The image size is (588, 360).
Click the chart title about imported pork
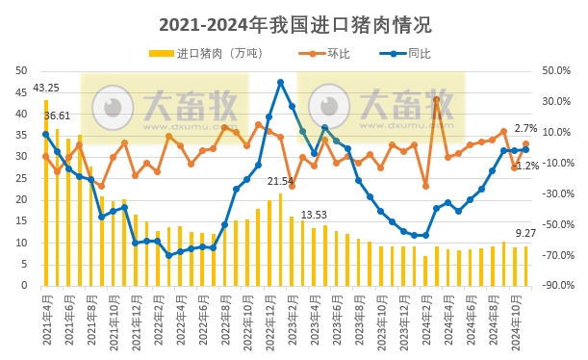294,24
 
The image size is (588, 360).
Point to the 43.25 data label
46,89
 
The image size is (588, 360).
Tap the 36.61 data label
57,116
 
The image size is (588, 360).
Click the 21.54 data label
280,181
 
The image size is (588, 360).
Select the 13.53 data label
315,215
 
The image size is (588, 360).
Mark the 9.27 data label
526,232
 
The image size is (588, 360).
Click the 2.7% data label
526,128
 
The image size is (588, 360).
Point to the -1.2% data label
527,166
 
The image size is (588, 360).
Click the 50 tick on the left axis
21,70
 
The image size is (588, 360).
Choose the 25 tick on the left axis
21,178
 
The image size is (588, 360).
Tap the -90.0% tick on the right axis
557,286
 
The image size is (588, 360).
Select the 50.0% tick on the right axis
557,70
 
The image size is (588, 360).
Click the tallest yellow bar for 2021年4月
46,207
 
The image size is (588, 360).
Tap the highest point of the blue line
280,83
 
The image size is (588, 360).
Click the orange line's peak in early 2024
436,99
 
